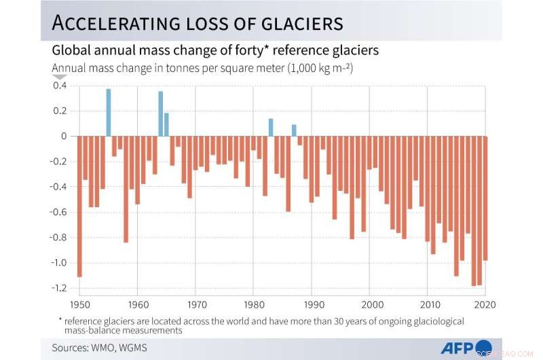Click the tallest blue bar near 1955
(x=109, y=113)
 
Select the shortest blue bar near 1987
(x=294, y=130)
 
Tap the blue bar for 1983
(x=271, y=128)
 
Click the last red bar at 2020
(x=485, y=198)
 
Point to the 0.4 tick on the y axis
(x=60, y=86)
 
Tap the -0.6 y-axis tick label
(x=59, y=213)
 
